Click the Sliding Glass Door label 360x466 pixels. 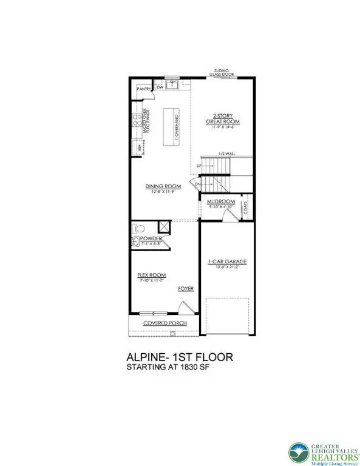(x=220, y=73)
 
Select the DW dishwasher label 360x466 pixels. (x=160, y=87)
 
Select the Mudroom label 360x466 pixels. (x=221, y=201)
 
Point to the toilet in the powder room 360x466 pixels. (x=137, y=230)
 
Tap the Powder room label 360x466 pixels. (x=151, y=238)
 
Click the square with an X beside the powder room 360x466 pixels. (x=163, y=226)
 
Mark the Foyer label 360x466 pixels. (x=185, y=288)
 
